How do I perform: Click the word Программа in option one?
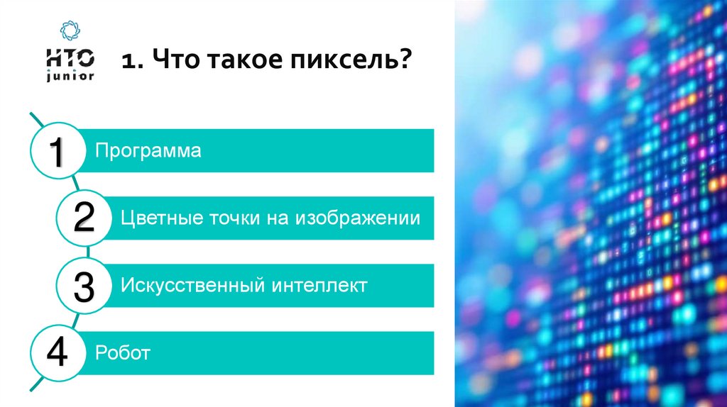point(149,151)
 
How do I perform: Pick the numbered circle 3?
point(84,286)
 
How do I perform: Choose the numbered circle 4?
point(58,352)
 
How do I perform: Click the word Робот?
point(123,353)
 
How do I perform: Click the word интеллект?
point(319,286)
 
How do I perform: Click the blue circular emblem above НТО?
point(70,30)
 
